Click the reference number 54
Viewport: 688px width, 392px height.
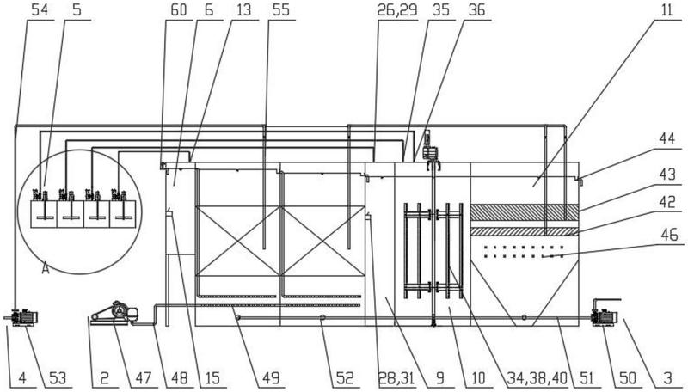point(39,10)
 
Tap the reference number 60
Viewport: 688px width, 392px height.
point(178,10)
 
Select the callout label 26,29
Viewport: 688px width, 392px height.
point(396,10)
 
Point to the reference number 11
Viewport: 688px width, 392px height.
point(666,10)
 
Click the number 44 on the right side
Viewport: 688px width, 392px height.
point(667,140)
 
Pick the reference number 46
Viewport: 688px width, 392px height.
point(667,235)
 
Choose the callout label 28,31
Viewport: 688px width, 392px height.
point(396,377)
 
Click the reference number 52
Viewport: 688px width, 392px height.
point(345,377)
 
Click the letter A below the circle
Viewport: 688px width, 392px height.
point(45,268)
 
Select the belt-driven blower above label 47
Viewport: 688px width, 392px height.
point(115,314)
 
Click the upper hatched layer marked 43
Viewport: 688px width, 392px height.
point(525,211)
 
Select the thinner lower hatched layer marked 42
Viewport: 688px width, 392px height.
point(525,231)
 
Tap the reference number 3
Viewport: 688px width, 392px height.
point(667,377)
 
